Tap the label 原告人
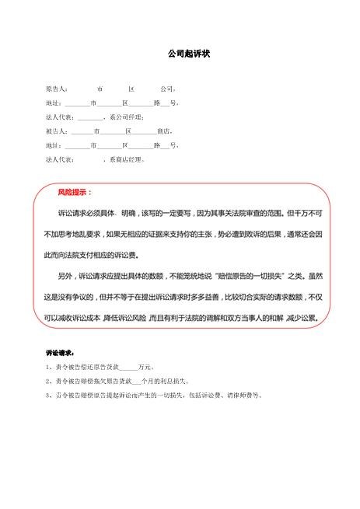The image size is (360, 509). coord(56,89)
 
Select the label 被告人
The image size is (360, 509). coord(56,131)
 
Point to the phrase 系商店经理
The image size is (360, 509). coord(126,160)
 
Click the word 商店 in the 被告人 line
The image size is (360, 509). coord(163,131)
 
